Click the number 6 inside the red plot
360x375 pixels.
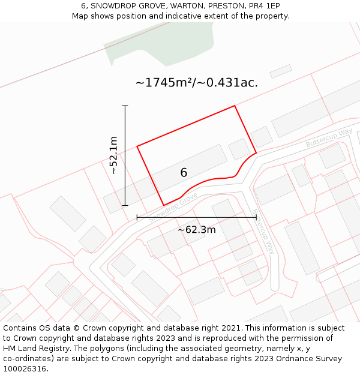[184, 173]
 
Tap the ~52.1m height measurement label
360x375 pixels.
[114, 155]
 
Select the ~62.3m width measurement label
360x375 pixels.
[196, 230]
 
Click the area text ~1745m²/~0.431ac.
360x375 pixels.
[197, 83]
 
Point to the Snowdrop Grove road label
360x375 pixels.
[173, 208]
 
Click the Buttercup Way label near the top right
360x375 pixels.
[328, 138]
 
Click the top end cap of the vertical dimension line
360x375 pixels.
[125, 106]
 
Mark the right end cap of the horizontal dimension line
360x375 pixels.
[256, 217]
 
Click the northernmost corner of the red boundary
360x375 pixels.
[234, 106]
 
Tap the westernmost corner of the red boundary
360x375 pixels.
[137, 146]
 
